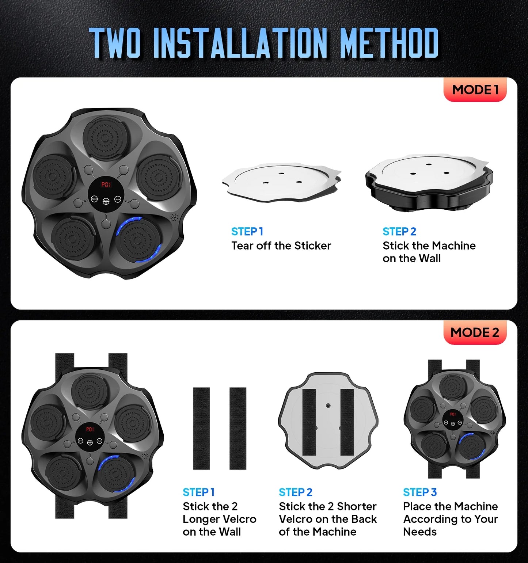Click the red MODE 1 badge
pyautogui.click(x=475, y=90)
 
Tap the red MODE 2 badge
pyautogui.click(x=475, y=332)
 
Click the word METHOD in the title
pyautogui.click(x=389, y=43)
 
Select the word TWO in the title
pyautogui.click(x=115, y=43)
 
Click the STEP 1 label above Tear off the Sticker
pyautogui.click(x=247, y=232)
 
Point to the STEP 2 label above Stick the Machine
pyautogui.click(x=399, y=232)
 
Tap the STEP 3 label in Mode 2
pyautogui.click(x=420, y=492)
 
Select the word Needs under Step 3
pyautogui.click(x=419, y=532)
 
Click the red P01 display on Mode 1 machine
pyautogui.click(x=106, y=185)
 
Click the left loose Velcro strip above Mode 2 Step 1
pyautogui.click(x=201, y=428)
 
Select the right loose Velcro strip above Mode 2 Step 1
pyautogui.click(x=238, y=428)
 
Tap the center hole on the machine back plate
pyautogui.click(x=328, y=406)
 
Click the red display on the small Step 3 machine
pyautogui.click(x=453, y=414)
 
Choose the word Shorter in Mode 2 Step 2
pyautogui.click(x=357, y=506)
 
